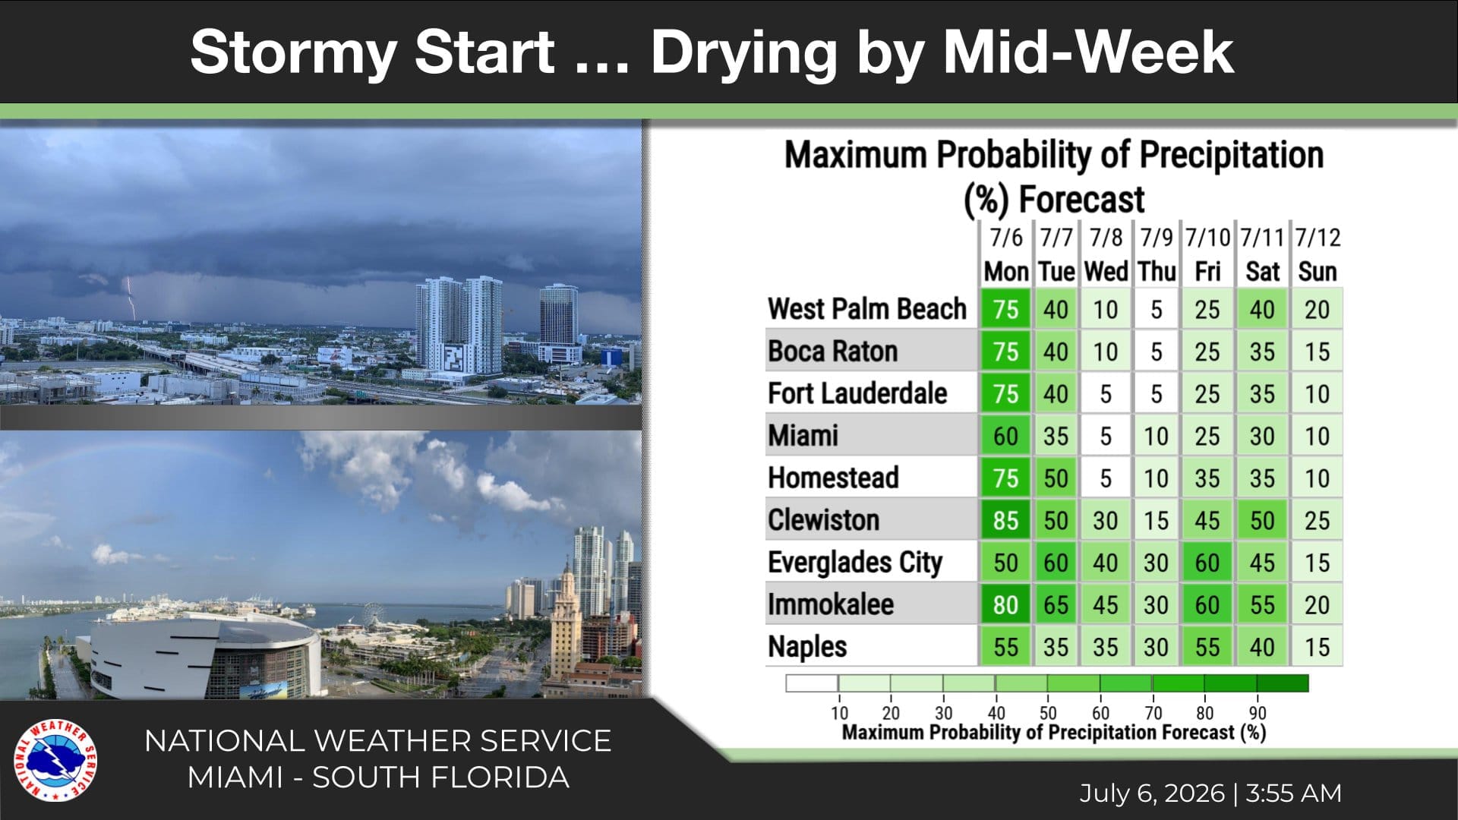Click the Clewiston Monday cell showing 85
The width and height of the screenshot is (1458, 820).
click(x=1005, y=520)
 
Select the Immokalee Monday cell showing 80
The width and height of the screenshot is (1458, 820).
click(x=1005, y=604)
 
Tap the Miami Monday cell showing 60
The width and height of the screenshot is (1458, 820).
click(x=1005, y=436)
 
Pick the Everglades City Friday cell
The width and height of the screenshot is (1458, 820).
click(x=1207, y=563)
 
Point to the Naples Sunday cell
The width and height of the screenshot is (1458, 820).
click(x=1318, y=647)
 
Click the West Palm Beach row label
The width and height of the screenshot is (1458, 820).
click(x=867, y=309)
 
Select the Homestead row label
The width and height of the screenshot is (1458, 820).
click(x=833, y=478)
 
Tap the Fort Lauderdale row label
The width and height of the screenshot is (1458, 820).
click(x=857, y=393)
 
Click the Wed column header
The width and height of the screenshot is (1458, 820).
click(x=1106, y=271)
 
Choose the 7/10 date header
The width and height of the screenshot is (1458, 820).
click(x=1207, y=238)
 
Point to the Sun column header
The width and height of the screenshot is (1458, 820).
click(x=1318, y=271)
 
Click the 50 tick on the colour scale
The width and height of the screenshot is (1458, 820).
click(x=1048, y=713)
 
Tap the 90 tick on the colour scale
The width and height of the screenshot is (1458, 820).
click(x=1258, y=713)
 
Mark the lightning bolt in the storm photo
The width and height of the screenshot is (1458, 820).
click(x=131, y=298)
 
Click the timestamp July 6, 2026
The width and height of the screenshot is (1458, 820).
click(x=1152, y=793)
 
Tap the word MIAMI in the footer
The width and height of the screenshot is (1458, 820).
click(x=235, y=777)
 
